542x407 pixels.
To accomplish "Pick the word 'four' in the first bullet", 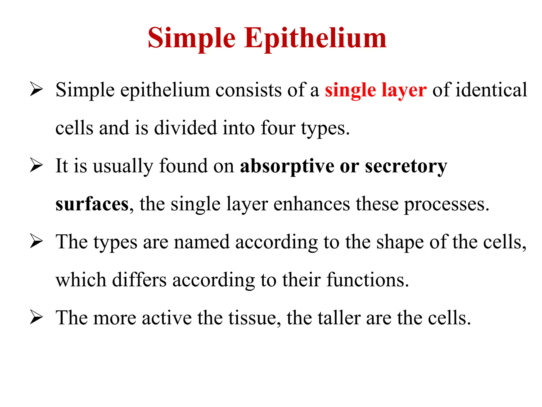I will [x=278, y=128].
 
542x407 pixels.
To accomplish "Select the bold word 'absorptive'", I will [x=287, y=166].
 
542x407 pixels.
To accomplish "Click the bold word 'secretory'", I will [x=406, y=166].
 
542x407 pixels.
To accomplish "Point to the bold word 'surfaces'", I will [x=92, y=204].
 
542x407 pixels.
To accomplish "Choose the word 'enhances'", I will [x=311, y=204].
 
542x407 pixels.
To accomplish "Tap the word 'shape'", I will [x=400, y=242].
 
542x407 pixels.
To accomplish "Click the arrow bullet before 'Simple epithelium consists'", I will [x=36, y=90].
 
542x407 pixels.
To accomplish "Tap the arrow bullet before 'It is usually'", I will [x=36, y=165].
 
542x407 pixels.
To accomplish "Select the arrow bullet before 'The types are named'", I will [x=36, y=241].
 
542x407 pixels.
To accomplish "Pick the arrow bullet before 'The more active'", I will [x=36, y=317].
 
